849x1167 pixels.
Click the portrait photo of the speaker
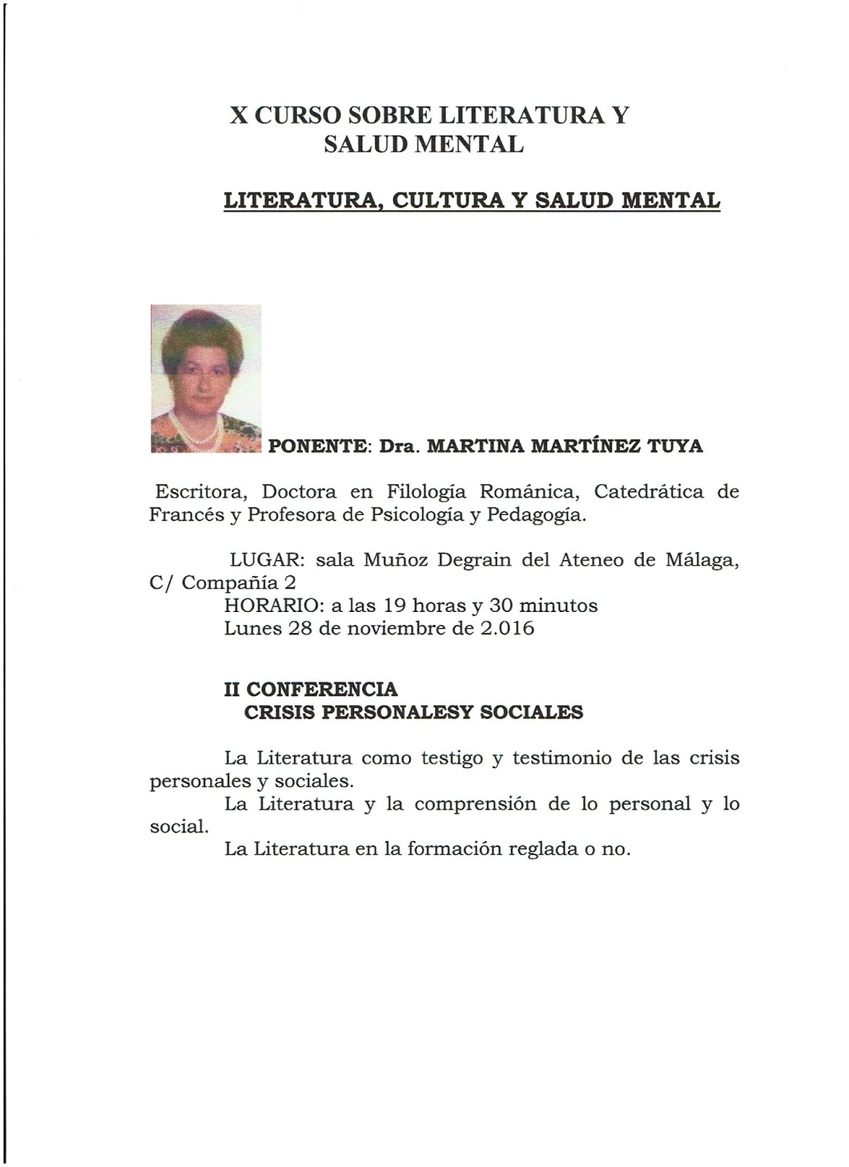pos(205,378)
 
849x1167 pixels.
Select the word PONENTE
pos(319,446)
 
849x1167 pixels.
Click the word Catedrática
pos(649,492)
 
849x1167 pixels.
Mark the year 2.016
pos(507,628)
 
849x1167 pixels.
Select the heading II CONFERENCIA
pos(311,689)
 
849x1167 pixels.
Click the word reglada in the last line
pos(531,849)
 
